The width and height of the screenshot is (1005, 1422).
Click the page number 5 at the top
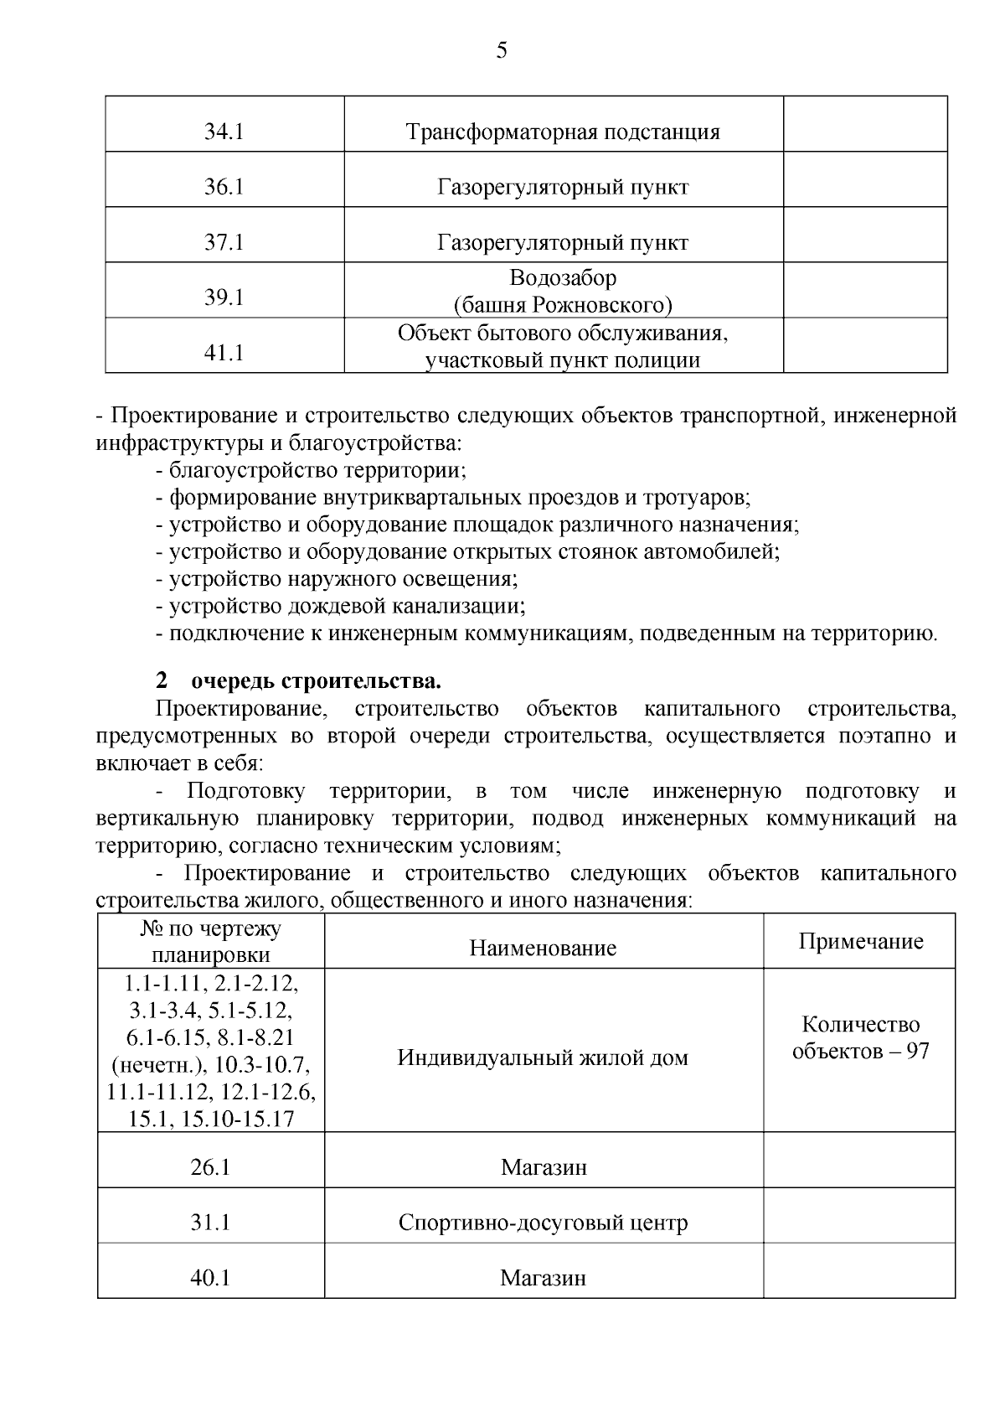pos(502,51)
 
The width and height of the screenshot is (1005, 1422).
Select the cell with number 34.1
pos(224,132)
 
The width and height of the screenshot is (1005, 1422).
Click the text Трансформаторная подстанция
pos(563,132)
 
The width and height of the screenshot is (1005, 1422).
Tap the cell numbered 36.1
pos(224,187)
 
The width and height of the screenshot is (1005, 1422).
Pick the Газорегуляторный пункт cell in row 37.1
pos(563,243)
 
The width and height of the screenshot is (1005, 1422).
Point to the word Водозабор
pos(563,277)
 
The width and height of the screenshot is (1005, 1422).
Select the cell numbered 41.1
pos(224,353)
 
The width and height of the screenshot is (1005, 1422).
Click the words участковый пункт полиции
pos(563,361)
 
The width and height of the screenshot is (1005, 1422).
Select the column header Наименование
pos(543,948)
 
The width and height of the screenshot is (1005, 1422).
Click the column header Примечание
pos(860,941)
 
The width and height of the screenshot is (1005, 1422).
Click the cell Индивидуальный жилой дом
pos(543,1057)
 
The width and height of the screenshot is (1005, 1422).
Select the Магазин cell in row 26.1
pos(544,1167)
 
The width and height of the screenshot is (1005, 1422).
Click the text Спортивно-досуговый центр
pos(543,1223)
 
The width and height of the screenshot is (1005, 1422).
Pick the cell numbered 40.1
pos(210,1278)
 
